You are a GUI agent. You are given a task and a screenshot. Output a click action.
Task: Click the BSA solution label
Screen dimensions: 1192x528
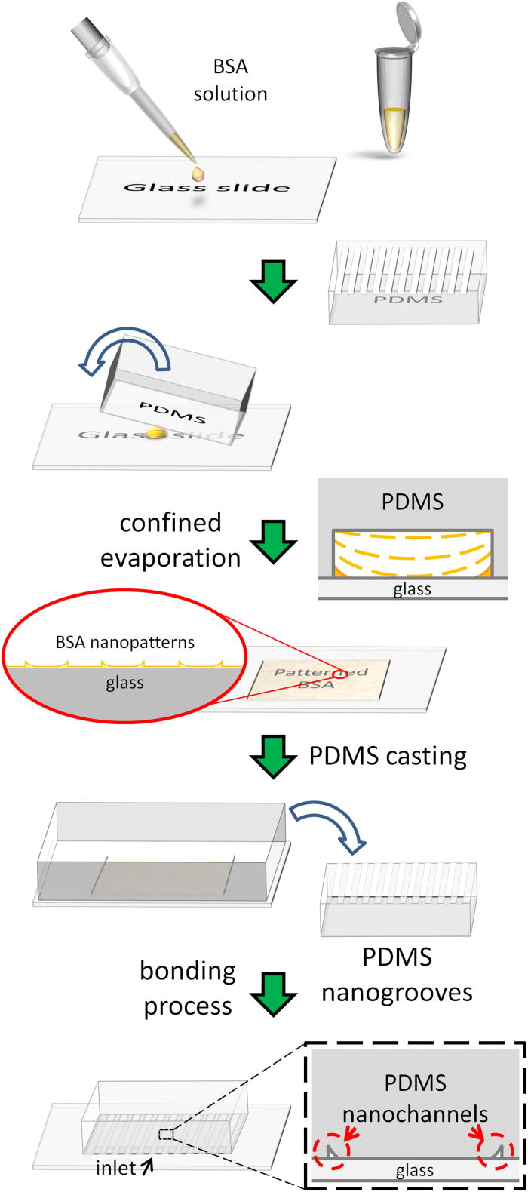pyautogui.click(x=230, y=80)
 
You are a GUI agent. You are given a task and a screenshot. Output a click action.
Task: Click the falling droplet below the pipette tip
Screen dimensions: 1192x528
pyautogui.click(x=198, y=174)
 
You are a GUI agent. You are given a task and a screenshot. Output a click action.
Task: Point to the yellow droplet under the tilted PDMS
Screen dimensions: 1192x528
pyautogui.click(x=157, y=433)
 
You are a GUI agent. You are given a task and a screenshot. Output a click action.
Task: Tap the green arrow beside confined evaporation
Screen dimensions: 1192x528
pyautogui.click(x=272, y=540)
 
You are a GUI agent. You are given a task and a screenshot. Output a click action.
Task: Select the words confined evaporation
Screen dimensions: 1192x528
pyautogui.click(x=170, y=540)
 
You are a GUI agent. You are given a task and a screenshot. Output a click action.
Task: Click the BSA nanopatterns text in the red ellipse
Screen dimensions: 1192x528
pyautogui.click(x=125, y=643)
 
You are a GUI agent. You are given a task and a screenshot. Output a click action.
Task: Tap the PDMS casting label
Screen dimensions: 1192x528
pyautogui.click(x=388, y=756)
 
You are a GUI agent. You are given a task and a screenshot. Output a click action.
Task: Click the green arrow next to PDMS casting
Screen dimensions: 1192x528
pyautogui.click(x=272, y=757)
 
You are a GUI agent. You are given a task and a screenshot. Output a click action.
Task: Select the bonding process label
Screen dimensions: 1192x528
pyautogui.click(x=188, y=988)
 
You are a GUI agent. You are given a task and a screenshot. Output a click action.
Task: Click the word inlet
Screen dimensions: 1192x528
pyautogui.click(x=115, y=1168)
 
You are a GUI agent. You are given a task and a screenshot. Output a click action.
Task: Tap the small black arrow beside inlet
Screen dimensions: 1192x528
pyautogui.click(x=147, y=1166)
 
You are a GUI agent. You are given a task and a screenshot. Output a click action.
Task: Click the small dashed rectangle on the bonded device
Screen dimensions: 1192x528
pyautogui.click(x=166, y=1135)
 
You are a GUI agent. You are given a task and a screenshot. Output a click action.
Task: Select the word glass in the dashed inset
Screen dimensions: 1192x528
pyautogui.click(x=414, y=1170)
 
